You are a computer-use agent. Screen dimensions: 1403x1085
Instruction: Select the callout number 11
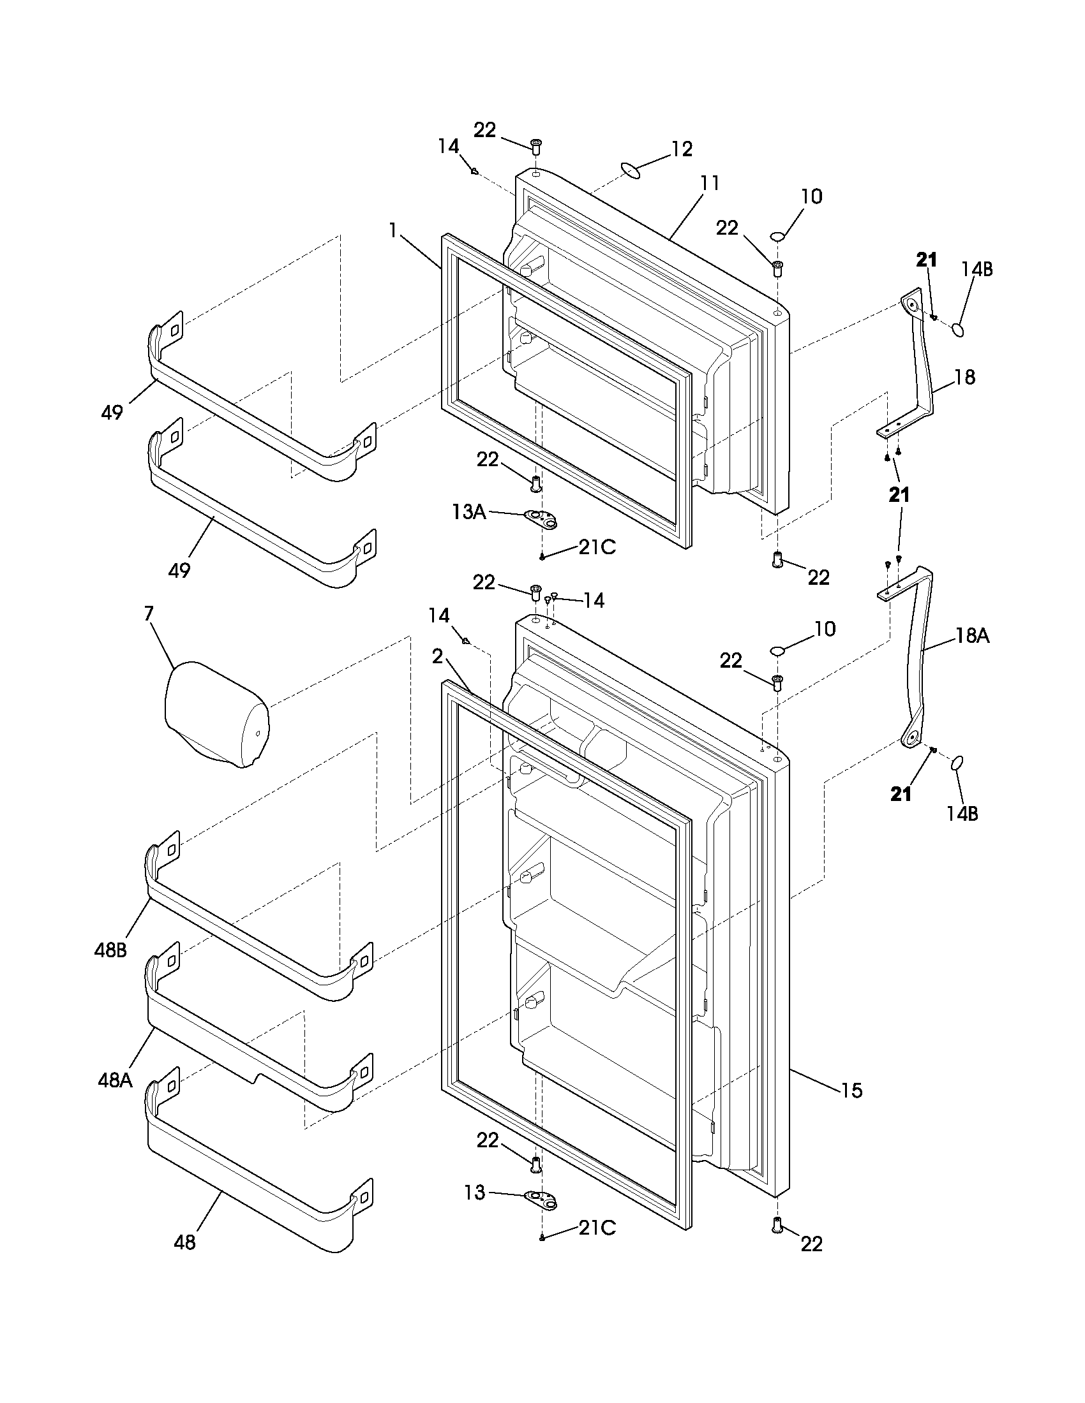pos(710,183)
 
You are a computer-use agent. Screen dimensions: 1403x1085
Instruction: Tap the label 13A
pos(469,511)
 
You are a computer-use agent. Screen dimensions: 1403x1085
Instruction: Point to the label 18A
pos(972,636)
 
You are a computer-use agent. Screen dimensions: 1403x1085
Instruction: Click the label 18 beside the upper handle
pos(964,377)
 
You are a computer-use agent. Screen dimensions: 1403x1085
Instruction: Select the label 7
pos(149,613)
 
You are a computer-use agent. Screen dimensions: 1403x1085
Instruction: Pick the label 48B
pos(110,968)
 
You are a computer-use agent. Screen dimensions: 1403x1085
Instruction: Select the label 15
pos(851,1090)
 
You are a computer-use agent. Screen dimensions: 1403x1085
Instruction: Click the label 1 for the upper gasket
pos(393,230)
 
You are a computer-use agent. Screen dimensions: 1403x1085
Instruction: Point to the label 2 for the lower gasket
pos(437,656)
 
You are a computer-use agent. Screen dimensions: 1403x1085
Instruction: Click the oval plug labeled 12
pos(631,170)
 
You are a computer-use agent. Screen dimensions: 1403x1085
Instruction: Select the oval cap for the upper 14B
pos(958,330)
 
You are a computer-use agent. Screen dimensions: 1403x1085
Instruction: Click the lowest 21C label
pos(597,1228)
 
